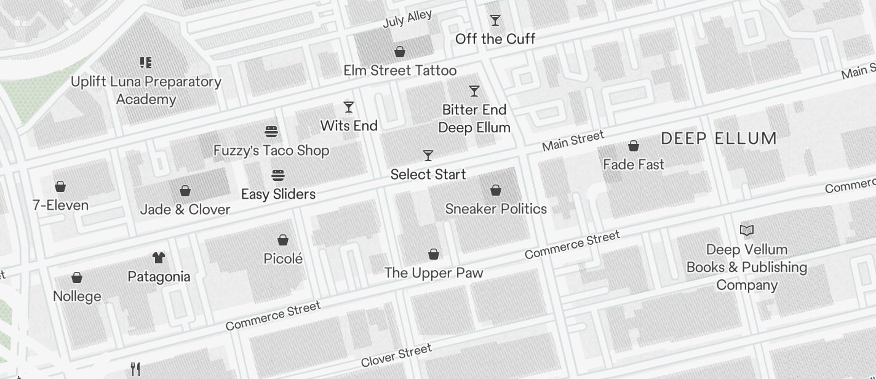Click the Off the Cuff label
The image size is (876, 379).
pos(495,39)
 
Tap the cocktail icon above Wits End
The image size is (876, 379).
pos(349,107)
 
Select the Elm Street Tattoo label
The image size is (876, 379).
pos(400,70)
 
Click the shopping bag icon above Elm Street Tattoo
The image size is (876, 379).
pos(400,52)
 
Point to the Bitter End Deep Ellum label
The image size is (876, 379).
pos(474,119)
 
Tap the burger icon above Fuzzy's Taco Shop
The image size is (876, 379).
pos(271,132)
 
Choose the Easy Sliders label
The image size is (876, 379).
pos(278,194)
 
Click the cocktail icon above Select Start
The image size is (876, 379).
pos(428,156)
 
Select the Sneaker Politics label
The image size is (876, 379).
pos(496,209)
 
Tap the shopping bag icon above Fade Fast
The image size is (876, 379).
pos(634,146)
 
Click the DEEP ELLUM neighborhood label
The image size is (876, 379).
pos(719,138)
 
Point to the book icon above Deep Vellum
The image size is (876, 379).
pos(747,231)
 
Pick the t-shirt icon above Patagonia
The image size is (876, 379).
pos(159,258)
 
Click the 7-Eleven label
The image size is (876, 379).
pos(60,205)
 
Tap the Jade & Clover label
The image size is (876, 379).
pos(185,209)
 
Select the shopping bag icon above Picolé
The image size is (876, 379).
pos(283,240)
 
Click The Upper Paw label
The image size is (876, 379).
pos(434,273)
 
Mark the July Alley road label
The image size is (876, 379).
pos(407,18)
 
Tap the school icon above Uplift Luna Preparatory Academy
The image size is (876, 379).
pos(146,63)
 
